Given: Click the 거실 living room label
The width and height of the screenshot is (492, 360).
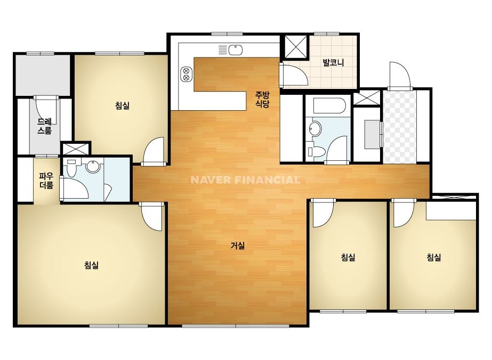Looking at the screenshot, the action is pyautogui.click(x=238, y=246).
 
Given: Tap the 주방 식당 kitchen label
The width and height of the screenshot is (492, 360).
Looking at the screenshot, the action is pyautogui.click(x=262, y=99).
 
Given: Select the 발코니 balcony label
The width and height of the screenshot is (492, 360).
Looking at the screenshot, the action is pyautogui.click(x=333, y=62).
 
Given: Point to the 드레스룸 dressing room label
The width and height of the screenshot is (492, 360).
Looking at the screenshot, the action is pyautogui.click(x=44, y=126).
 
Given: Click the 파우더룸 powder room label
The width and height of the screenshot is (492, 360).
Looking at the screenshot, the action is pyautogui.click(x=46, y=181).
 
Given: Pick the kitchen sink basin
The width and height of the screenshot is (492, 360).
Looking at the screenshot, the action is pyautogui.click(x=235, y=50).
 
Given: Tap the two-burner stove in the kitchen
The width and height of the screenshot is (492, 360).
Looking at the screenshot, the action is pyautogui.click(x=185, y=75).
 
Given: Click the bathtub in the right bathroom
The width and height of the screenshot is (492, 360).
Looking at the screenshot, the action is pyautogui.click(x=329, y=105).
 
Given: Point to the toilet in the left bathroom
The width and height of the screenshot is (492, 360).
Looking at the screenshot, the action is pyautogui.click(x=72, y=169).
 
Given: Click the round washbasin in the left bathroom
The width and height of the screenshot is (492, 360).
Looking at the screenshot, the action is pyautogui.click(x=93, y=166).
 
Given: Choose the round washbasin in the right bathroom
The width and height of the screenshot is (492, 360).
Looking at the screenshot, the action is pyautogui.click(x=315, y=129).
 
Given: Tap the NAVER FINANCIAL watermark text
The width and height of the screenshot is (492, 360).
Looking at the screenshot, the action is pyautogui.click(x=245, y=179).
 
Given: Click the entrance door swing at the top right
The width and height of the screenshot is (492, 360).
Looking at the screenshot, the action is pyautogui.click(x=399, y=75).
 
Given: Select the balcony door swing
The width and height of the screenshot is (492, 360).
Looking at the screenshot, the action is pyautogui.click(x=295, y=73).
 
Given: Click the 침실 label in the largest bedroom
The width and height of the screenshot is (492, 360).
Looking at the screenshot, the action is pyautogui.click(x=91, y=265).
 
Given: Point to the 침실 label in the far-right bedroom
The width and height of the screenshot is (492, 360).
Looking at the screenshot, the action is pyautogui.click(x=434, y=257).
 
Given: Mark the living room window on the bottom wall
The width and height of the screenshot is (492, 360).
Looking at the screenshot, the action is pyautogui.click(x=235, y=326).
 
